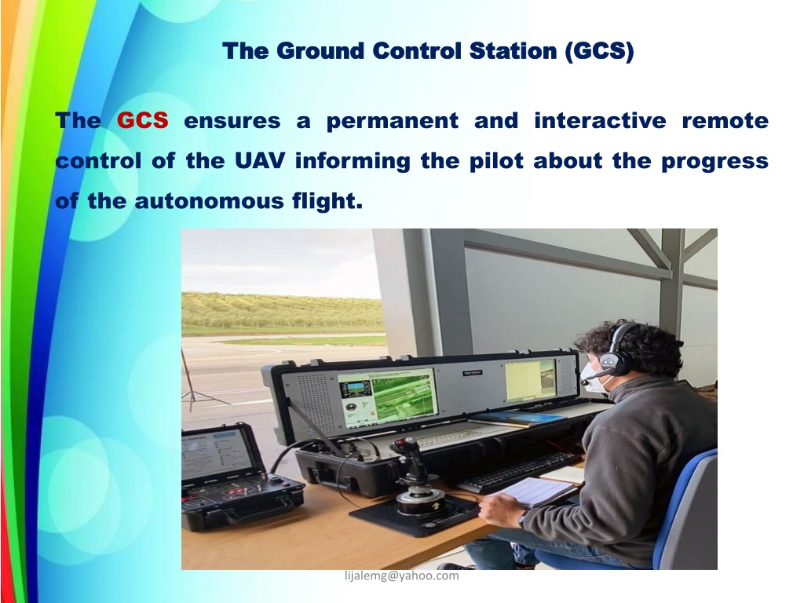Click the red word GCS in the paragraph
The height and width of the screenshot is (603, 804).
[x=143, y=120]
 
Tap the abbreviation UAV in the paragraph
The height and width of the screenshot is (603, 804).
[x=260, y=160]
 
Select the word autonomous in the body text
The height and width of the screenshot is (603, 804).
[x=209, y=200]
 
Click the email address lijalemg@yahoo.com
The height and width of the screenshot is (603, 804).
[x=402, y=576]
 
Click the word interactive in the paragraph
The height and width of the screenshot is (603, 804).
[x=600, y=120]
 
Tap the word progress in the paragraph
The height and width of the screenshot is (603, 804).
[x=714, y=162]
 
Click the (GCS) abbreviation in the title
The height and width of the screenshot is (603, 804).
[x=599, y=51]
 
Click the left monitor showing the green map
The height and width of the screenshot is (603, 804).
[x=387, y=398]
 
